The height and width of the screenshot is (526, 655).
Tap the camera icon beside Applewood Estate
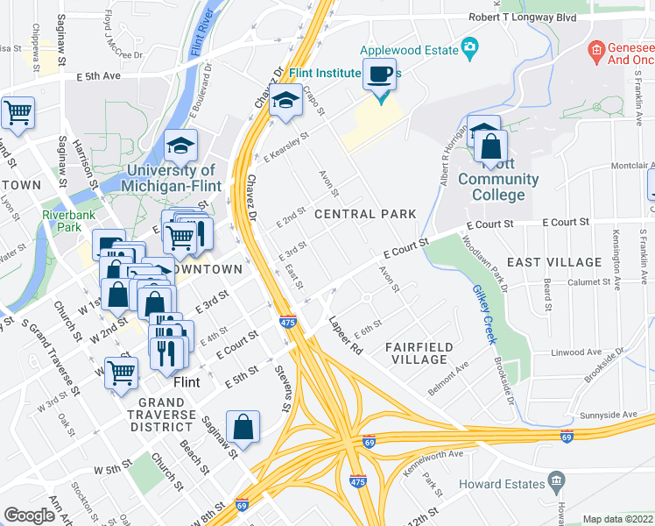[x=470, y=46]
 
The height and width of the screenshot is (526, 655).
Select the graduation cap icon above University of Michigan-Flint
[x=180, y=145]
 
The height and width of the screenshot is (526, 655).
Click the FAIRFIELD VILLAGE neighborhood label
[x=419, y=353]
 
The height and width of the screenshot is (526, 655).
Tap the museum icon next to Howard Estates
[x=556, y=481]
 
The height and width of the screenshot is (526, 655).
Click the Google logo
[x=29, y=515]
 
